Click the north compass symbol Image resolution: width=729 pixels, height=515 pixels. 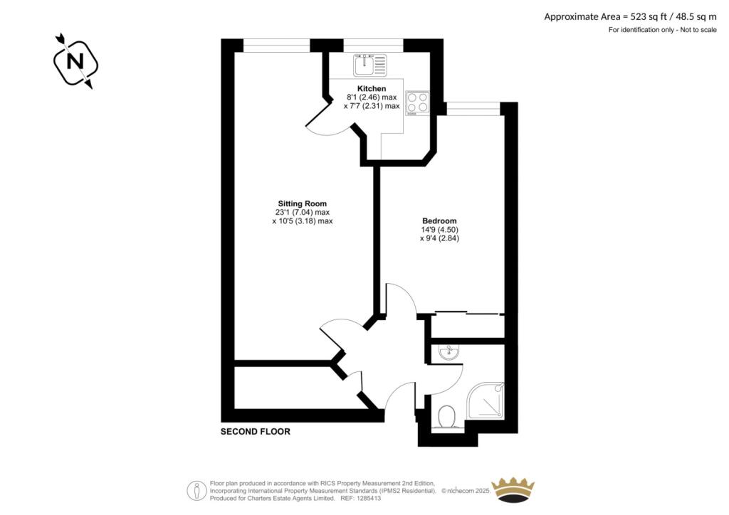(73, 61)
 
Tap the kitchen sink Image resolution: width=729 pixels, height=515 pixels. (369, 65)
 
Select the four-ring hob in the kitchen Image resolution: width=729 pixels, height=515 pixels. (417, 102)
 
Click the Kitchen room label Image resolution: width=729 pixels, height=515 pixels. (372, 89)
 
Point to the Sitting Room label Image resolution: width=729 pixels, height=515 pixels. (303, 203)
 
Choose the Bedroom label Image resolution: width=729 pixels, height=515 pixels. (439, 221)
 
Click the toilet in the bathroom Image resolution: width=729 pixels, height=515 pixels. (447, 417)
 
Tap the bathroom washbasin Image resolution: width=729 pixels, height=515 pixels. (449, 352)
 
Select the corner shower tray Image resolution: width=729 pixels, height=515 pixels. (486, 401)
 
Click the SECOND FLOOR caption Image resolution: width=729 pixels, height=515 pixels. (256, 432)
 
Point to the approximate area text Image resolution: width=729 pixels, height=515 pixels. (630, 16)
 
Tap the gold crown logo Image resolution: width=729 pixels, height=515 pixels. (513, 489)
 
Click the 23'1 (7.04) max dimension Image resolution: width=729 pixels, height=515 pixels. (303, 212)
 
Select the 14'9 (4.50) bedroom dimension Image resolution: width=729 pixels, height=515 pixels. (439, 230)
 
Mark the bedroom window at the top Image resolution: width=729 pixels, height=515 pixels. (473, 107)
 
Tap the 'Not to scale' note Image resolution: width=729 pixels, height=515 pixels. (693, 30)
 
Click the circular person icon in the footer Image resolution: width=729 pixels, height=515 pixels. (196, 490)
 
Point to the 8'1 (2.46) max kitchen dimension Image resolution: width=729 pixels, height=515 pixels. (372, 97)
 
